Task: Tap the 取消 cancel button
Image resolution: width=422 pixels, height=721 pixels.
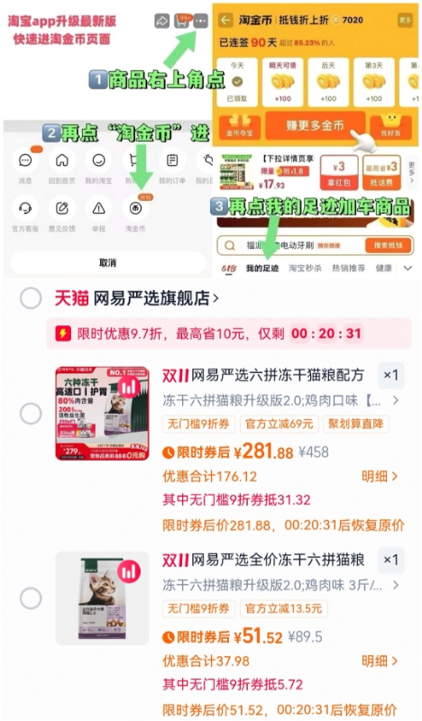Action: [107, 262]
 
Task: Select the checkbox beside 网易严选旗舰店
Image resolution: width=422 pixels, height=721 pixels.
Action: [31, 298]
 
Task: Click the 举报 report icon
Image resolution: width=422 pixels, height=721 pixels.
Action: [98, 207]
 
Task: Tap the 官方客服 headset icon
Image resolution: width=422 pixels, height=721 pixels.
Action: [25, 207]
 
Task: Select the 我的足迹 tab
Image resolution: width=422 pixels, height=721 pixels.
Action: [262, 269]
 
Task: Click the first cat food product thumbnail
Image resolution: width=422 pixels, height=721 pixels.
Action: [102, 412]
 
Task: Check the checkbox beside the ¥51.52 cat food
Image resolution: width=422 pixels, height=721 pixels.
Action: [31, 598]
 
